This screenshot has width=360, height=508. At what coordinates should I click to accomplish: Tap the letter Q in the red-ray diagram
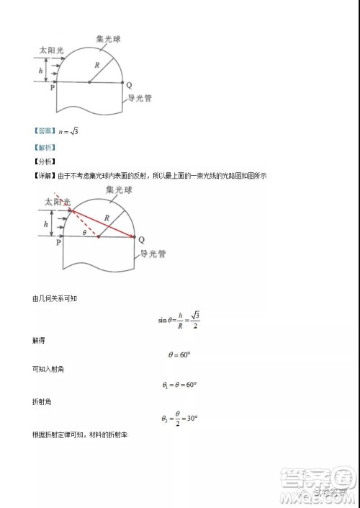[141, 239]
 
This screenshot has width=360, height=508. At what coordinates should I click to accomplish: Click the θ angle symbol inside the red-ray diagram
[84, 232]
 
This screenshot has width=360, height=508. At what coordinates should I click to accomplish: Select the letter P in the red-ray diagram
[60, 244]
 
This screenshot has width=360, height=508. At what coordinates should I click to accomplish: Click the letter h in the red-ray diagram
[46, 225]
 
